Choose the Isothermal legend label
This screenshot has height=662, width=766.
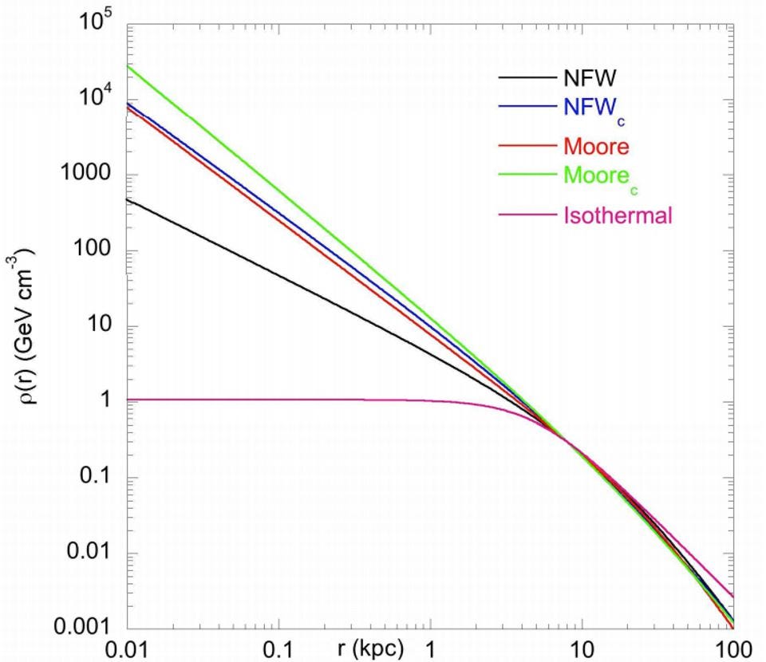[x=619, y=215]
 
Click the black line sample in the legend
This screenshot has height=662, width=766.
[x=527, y=78]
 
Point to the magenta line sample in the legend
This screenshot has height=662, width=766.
[x=527, y=215]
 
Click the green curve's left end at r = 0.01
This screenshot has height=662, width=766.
[x=129, y=65]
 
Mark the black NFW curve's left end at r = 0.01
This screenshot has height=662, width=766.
[x=129, y=199]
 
